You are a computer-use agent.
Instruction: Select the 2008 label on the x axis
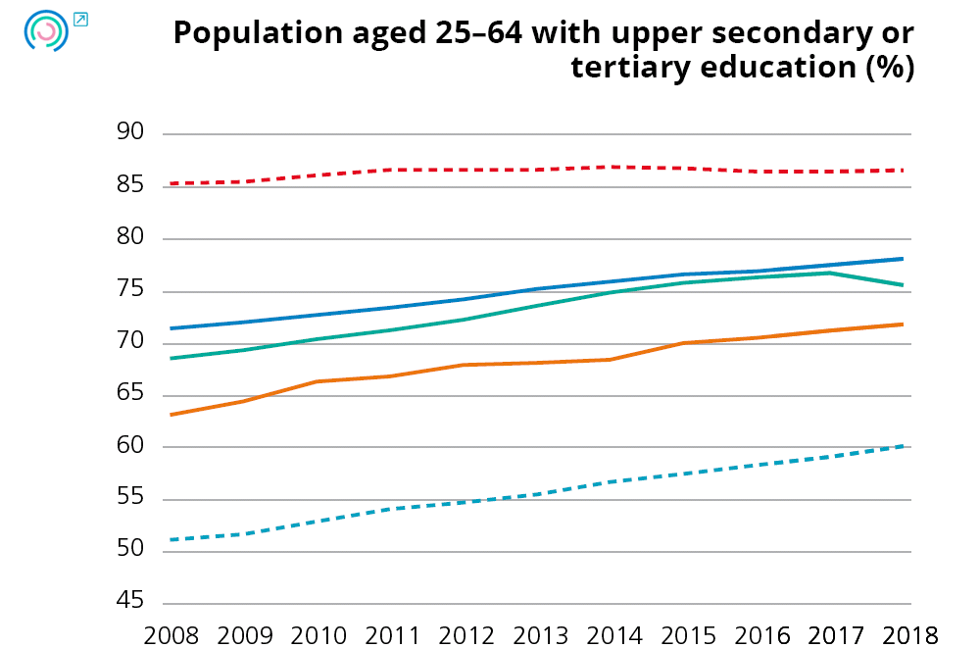pos(171,633)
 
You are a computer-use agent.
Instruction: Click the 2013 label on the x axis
pos(538,633)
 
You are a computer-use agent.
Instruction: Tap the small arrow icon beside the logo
pos(80,19)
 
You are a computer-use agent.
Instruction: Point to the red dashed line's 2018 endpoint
pos(903,171)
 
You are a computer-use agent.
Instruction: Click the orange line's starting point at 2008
pos(171,415)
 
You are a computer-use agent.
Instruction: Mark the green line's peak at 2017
pos(829,273)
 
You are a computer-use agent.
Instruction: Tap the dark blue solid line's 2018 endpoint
pos(903,259)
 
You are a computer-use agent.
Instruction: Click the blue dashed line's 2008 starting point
pos(171,539)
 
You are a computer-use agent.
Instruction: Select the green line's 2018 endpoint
pos(903,285)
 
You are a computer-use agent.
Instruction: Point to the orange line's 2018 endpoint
pos(903,324)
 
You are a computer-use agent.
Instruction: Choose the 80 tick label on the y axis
pos(129,238)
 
